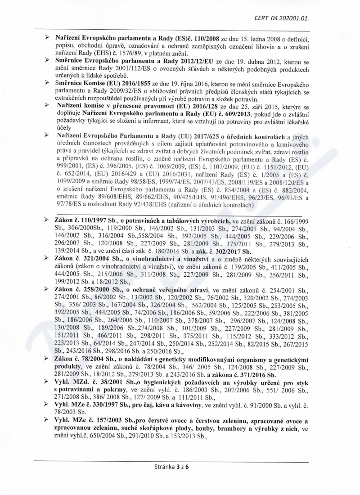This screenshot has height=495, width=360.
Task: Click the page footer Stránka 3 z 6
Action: coord(171,467)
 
